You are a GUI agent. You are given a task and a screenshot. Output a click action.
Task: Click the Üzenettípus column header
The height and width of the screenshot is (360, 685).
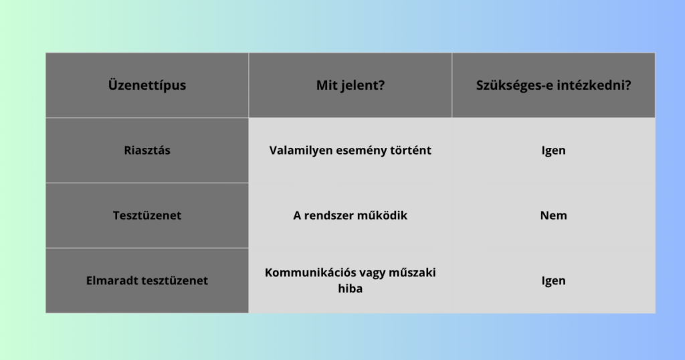pos(146,85)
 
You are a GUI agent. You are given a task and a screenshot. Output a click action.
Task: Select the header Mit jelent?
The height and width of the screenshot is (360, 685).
pos(351,85)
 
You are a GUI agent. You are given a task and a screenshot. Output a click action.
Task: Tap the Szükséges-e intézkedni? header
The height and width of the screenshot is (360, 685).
pos(553,85)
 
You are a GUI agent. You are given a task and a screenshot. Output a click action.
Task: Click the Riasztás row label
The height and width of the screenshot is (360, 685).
pos(146,151)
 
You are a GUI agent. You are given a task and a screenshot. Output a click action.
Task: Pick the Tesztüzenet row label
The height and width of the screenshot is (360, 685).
pos(146,215)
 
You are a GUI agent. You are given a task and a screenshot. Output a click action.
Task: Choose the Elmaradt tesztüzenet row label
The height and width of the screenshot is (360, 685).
pos(146,280)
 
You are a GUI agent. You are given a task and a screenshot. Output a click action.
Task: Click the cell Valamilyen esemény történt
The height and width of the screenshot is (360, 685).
pos(351,151)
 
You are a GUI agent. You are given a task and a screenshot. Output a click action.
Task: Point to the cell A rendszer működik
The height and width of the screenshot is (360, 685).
pos(351,215)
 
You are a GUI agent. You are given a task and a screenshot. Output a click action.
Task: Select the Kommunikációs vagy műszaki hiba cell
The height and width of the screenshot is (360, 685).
pos(351,280)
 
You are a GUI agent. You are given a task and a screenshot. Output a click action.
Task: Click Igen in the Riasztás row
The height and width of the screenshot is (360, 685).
pos(553,151)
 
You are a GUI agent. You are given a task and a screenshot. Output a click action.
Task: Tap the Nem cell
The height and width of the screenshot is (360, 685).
pos(553,215)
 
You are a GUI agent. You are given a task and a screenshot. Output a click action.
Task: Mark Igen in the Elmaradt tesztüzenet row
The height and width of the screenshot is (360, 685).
pos(553,280)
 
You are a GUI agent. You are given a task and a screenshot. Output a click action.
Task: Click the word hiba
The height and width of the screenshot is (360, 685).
pos(351,288)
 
